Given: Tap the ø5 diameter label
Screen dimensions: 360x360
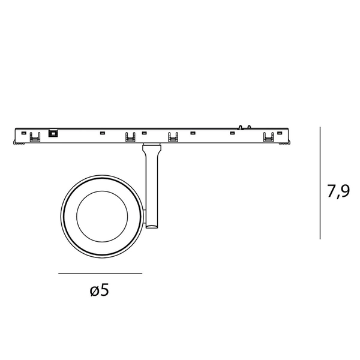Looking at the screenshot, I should [x=100, y=291].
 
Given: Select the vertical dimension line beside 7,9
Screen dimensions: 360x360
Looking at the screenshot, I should [x=320, y=182].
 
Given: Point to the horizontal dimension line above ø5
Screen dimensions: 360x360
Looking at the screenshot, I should [x=100, y=274].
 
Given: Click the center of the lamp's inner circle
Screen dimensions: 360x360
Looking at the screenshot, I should [x=101, y=217].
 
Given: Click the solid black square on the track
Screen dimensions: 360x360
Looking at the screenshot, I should [x=53, y=134].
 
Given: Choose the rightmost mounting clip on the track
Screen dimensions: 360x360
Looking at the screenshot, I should [x=267, y=137].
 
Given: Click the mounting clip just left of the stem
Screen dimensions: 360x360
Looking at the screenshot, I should [x=130, y=137].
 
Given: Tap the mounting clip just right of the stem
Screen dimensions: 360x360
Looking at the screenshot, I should [x=173, y=137].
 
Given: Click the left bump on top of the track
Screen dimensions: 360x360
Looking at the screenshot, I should [x=239, y=127].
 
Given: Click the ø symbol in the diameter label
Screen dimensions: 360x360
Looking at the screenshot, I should [x=94, y=292].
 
